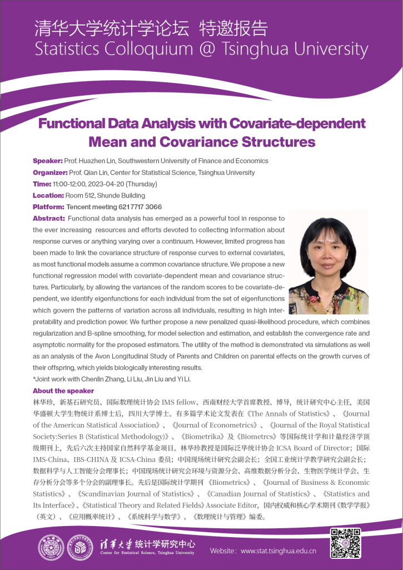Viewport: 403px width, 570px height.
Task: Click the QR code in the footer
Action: click(346, 543)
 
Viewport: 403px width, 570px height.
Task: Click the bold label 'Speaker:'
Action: click(48, 161)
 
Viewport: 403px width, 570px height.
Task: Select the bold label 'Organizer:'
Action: click(50, 173)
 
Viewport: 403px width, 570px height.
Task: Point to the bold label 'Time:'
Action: click(42, 184)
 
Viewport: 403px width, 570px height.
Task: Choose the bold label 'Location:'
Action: click(48, 195)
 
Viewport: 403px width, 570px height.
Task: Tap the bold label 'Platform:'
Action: click(48, 207)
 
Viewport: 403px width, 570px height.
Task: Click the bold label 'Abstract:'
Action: click(49, 218)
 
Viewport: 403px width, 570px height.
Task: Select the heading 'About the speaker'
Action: click(63, 391)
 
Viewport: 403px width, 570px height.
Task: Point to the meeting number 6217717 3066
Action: click(138, 207)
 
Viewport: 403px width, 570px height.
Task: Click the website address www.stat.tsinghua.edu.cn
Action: click(278, 551)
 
